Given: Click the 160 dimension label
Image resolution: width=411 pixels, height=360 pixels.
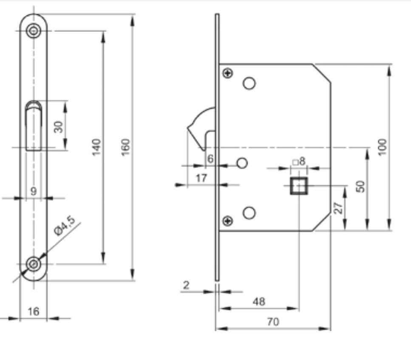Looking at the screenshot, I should [x=126, y=147].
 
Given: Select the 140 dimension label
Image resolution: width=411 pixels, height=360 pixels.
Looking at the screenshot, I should [x=97, y=147].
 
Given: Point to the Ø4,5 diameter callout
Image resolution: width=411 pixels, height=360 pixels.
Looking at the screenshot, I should [x=65, y=226].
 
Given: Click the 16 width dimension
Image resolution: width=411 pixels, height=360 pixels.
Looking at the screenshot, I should [x=33, y=312].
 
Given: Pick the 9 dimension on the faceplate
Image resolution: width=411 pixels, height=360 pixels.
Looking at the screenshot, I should [x=34, y=191].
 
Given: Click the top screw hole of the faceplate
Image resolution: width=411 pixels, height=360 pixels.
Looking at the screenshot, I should [x=33, y=30].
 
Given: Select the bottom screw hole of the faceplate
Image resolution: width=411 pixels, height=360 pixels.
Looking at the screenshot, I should [x=33, y=264].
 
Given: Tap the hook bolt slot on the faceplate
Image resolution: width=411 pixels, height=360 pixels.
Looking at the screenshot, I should [x=33, y=125].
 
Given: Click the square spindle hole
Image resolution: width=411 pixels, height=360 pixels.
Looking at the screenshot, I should [x=299, y=186].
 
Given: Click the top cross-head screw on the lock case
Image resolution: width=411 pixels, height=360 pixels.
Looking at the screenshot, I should [x=229, y=73].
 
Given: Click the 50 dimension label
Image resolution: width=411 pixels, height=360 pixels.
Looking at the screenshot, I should [x=360, y=186].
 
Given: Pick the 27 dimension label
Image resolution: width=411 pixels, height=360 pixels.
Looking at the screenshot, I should [x=339, y=208].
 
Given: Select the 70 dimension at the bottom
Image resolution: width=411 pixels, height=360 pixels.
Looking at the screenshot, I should [x=273, y=322].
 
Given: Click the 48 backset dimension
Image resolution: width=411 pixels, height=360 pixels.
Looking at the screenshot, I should [x=258, y=301].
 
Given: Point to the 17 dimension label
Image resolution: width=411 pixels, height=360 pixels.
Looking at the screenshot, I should [x=201, y=178].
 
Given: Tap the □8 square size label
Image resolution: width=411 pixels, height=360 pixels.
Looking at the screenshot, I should [x=299, y=161].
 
